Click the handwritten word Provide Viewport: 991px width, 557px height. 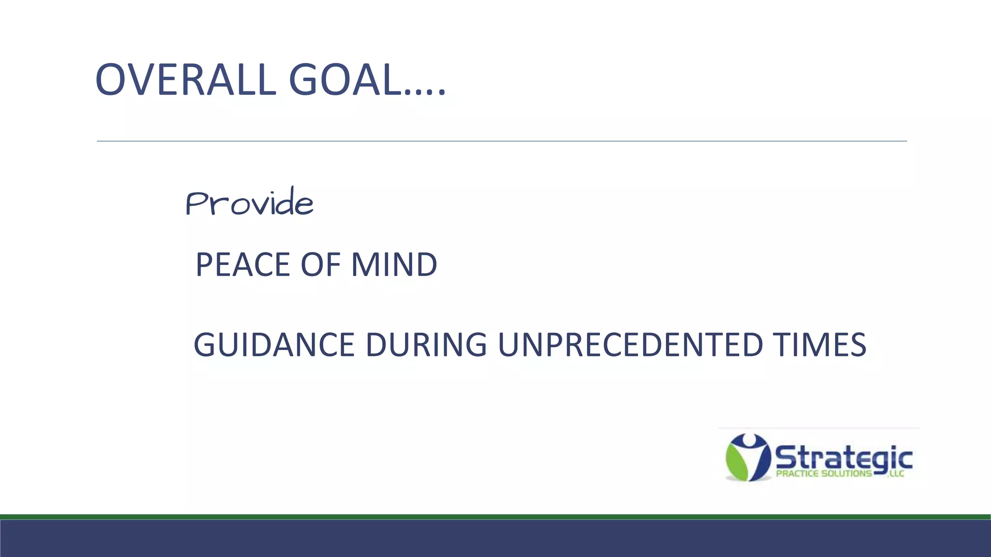(249, 202)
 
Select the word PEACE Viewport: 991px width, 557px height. (242, 264)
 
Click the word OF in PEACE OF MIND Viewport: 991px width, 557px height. (319, 264)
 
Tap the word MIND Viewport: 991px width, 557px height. (394, 264)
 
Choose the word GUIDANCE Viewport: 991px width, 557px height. (274, 345)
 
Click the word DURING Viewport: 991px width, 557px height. (426, 345)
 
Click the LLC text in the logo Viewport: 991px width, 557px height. (897, 474)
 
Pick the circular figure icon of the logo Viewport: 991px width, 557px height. (748, 457)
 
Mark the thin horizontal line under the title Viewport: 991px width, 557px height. (501, 141)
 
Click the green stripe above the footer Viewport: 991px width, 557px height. (495, 517)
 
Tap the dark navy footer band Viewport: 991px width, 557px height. (495, 539)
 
